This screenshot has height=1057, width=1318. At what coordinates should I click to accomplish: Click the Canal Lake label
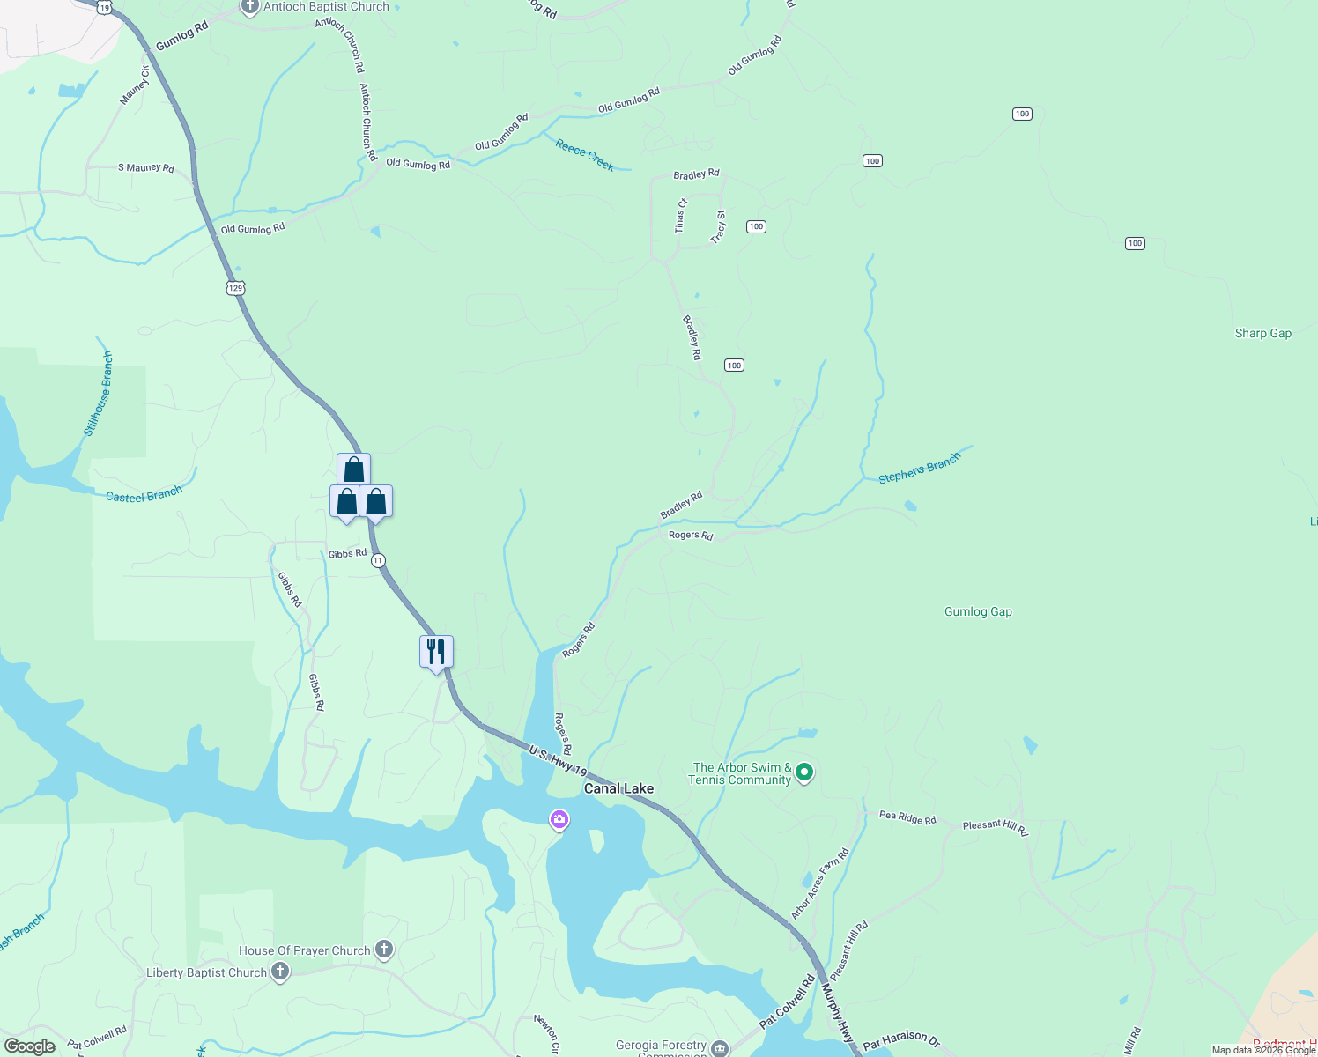click(x=618, y=788)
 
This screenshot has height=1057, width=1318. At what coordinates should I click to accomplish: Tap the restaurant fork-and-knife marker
click(x=436, y=652)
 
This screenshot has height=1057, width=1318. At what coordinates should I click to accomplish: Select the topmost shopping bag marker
click(x=353, y=469)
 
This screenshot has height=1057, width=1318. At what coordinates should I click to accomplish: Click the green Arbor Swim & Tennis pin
click(x=803, y=772)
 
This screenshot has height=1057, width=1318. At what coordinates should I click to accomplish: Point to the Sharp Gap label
click(x=1262, y=333)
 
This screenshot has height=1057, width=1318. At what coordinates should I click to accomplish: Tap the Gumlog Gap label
click(x=978, y=611)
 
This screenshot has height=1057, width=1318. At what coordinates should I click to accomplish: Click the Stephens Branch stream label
click(x=919, y=469)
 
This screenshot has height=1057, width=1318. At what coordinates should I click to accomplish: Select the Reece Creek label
click(x=585, y=154)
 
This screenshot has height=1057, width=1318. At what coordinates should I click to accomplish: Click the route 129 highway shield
click(x=235, y=288)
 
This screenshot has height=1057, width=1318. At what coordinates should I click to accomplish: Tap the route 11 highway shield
click(x=378, y=560)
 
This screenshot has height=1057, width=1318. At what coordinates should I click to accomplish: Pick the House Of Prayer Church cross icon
click(x=383, y=950)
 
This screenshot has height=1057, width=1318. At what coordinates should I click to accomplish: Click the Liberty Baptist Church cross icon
click(x=280, y=972)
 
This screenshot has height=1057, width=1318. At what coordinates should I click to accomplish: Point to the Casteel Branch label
click(x=144, y=495)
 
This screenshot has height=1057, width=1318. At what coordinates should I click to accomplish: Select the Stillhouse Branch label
click(x=99, y=393)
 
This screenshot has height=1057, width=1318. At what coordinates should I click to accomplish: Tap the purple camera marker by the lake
click(x=559, y=820)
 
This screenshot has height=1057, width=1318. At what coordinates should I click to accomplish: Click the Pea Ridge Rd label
click(x=907, y=817)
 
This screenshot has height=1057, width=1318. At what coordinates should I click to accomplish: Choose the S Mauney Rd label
click(x=146, y=167)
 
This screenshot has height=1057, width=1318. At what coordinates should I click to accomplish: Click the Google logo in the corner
click(x=29, y=1046)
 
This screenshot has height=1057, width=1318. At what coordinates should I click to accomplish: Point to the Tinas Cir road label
click(x=680, y=216)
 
